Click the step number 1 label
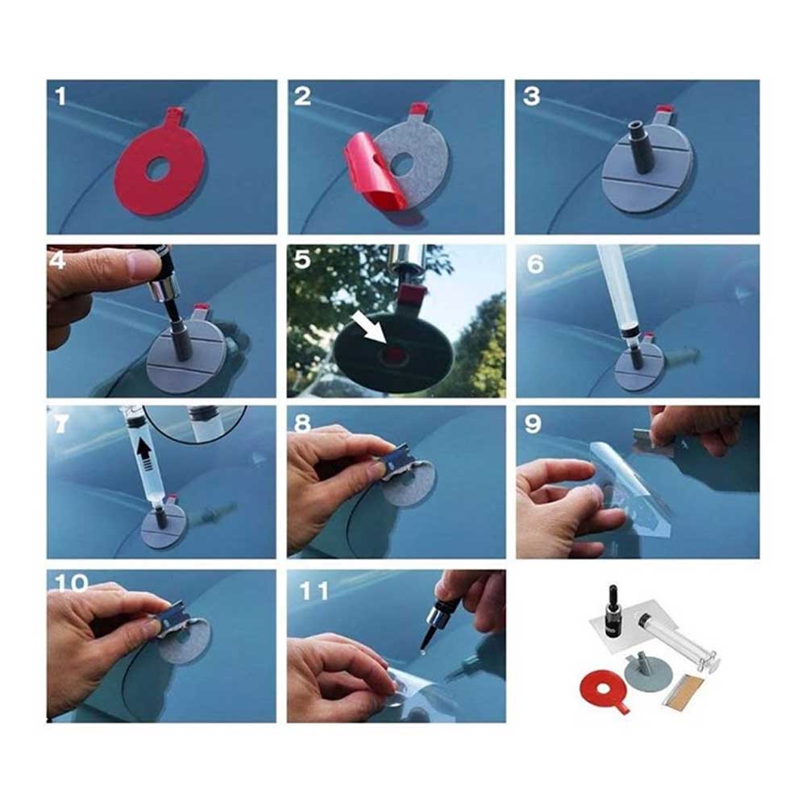61,97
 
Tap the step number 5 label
302,260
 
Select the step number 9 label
533,424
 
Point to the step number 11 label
314,591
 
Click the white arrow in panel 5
369,330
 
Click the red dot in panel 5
394,353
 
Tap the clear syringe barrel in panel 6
617,288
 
